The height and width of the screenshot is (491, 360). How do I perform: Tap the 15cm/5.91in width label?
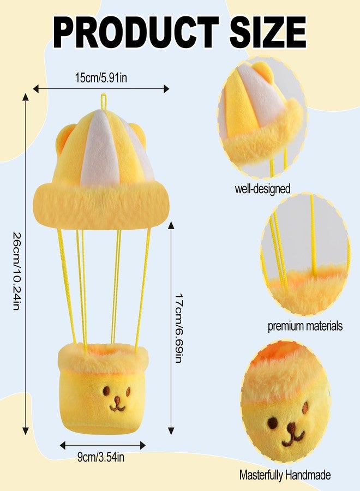click(101, 77)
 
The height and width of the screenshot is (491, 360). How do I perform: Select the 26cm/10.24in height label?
click(17, 271)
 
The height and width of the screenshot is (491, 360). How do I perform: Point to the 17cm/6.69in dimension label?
click(179, 328)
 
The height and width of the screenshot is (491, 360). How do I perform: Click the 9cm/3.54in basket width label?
click(101, 457)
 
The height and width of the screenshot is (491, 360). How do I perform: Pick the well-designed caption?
click(263, 189)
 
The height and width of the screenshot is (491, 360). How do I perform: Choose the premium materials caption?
click(305, 326)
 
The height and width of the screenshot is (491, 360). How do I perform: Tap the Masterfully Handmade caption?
click(285, 475)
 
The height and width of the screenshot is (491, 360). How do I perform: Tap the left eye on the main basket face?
click(106, 390)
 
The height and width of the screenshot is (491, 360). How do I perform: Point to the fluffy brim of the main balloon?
click(101, 205)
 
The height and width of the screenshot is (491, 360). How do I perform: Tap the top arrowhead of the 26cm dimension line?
click(26, 97)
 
